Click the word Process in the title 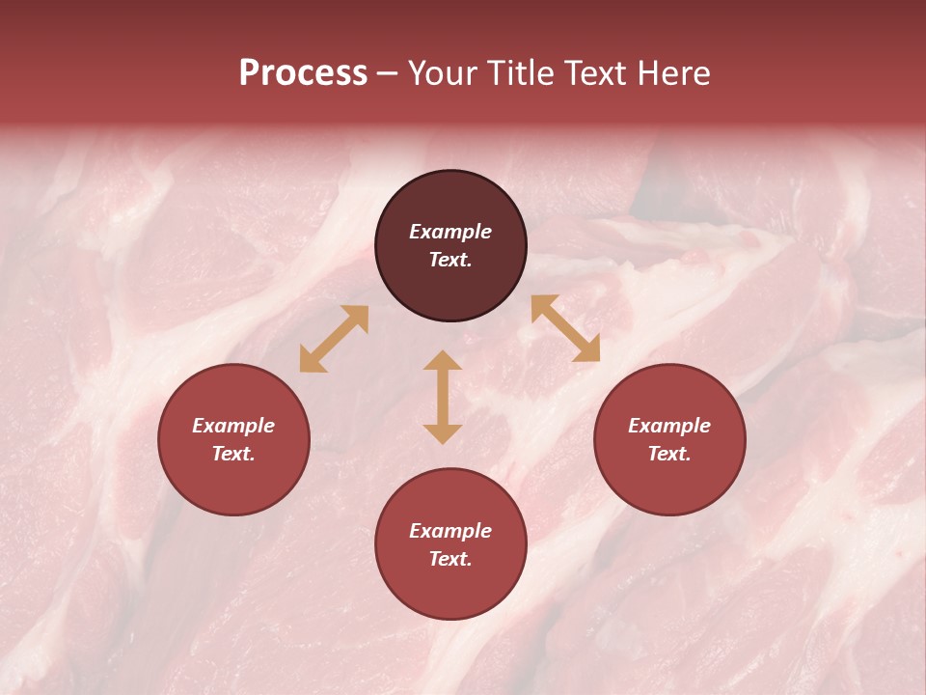click(x=303, y=73)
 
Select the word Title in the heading click(x=517, y=73)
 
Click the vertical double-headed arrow click(x=443, y=397)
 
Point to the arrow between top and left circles click(x=334, y=339)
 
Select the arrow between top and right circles click(x=565, y=328)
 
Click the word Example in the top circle click(x=450, y=232)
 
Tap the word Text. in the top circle click(x=450, y=260)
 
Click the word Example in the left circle click(x=233, y=426)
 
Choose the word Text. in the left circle click(x=233, y=454)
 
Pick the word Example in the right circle click(x=669, y=426)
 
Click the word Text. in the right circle click(x=669, y=454)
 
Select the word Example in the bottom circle click(x=450, y=531)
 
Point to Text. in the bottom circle click(x=450, y=559)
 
